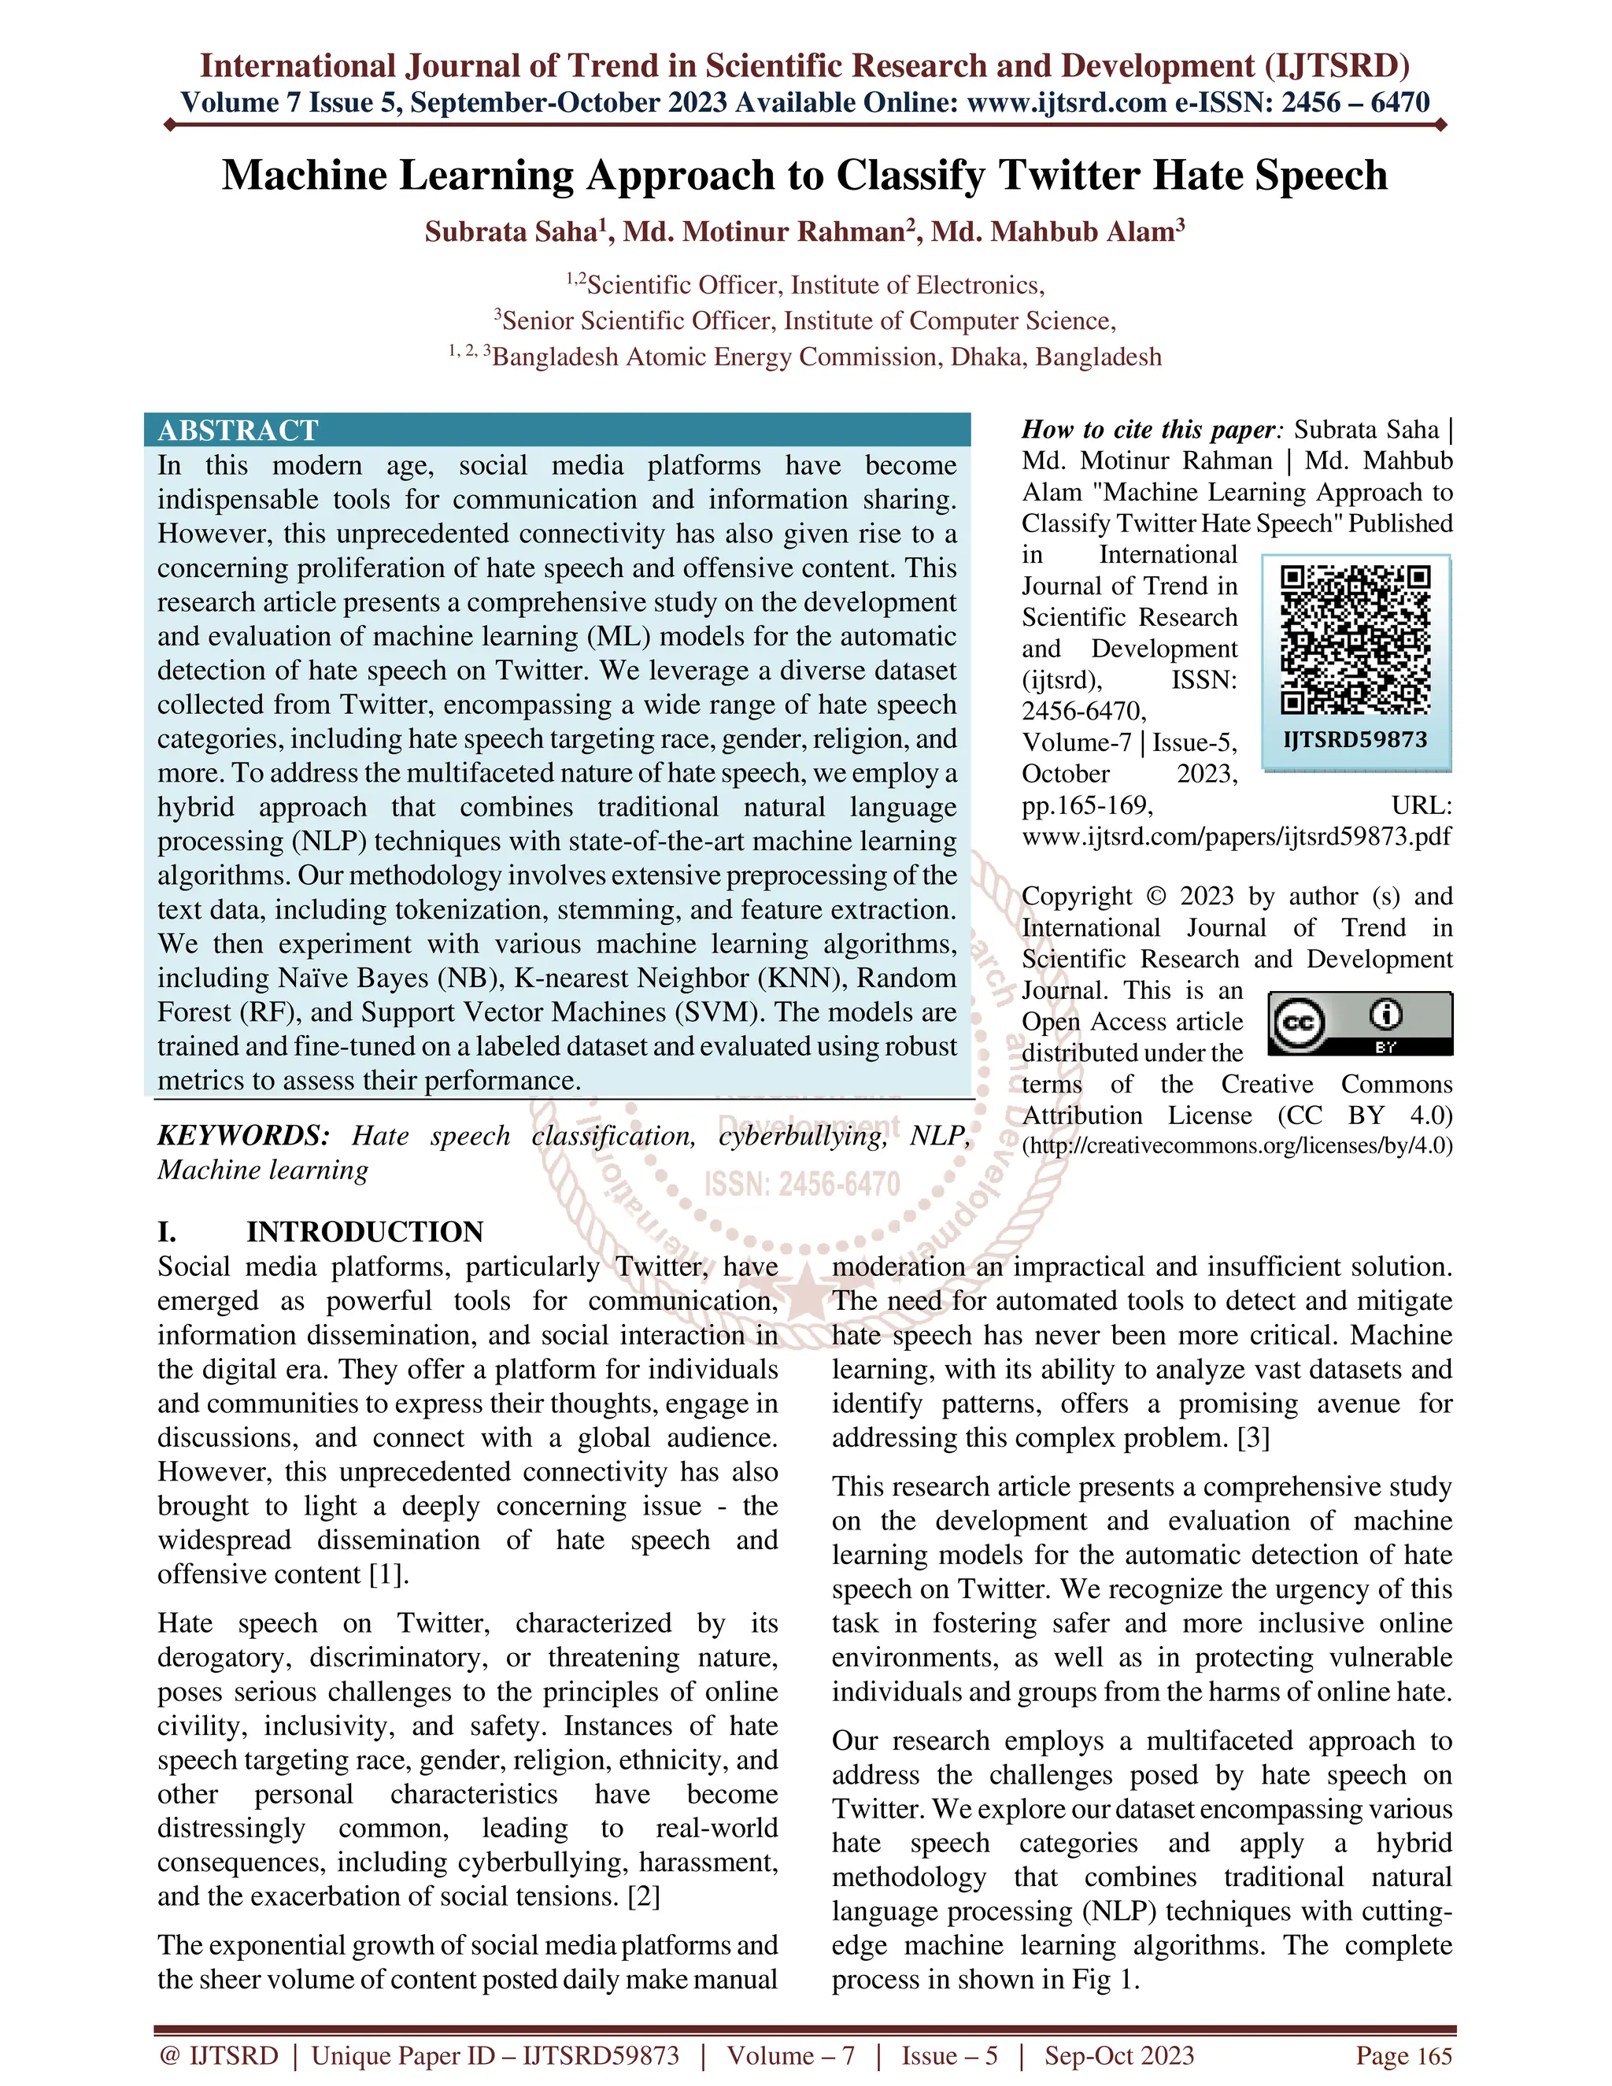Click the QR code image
point(1355,640)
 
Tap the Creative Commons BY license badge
point(1360,1023)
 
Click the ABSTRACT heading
point(238,431)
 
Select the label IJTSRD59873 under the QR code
point(1355,739)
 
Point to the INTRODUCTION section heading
point(364,1231)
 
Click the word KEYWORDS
point(242,1136)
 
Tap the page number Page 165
point(1404,2055)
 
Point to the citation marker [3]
point(1253,1437)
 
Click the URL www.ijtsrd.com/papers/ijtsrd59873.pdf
point(1237,837)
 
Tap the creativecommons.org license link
point(1237,1145)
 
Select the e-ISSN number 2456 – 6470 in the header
point(1355,102)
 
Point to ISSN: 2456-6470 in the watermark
point(802,1185)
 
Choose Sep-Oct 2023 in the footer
point(1118,2055)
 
